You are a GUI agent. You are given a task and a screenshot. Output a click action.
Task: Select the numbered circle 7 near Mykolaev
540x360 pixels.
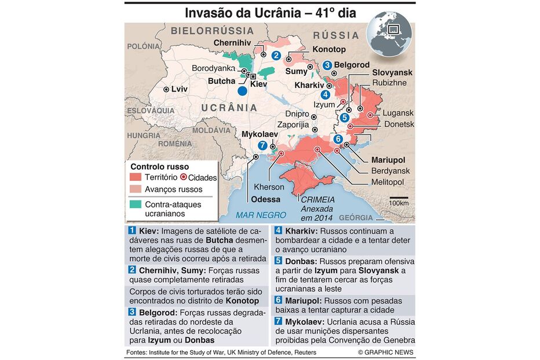pos(263,146)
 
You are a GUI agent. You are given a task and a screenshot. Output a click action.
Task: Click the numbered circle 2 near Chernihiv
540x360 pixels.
pos(276,56)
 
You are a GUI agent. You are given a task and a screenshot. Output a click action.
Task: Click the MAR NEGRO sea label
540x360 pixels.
pos(261,215)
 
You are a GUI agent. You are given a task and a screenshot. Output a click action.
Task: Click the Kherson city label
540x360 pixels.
pos(269,187)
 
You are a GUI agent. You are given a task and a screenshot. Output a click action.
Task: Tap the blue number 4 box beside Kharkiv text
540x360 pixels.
pos(278,230)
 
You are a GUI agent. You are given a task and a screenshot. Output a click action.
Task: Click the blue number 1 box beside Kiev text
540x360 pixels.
pos(132,230)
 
